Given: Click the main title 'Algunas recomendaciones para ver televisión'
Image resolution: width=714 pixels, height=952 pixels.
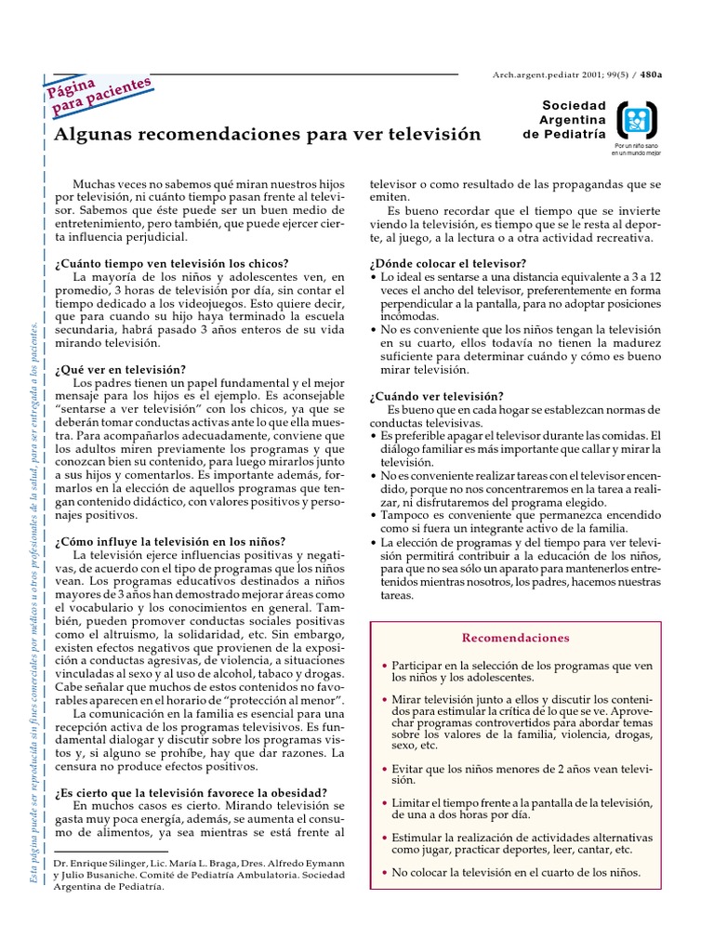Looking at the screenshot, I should coord(268,135).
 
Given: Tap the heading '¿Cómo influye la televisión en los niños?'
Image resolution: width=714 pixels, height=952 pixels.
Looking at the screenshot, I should coord(170,541).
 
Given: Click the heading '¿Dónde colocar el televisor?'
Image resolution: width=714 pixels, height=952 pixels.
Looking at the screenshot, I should coord(448,264).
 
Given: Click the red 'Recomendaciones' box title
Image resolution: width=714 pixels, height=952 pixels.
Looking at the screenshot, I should coord(515,638).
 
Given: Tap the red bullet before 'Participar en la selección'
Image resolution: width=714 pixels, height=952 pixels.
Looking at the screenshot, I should coord(385,668).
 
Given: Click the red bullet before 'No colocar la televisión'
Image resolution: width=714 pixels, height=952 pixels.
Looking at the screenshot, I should coord(385,873).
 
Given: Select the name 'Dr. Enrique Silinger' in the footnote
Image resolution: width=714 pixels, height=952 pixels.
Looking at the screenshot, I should coord(104,864).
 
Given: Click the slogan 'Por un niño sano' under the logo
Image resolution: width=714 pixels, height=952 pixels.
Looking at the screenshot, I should coord(636,146).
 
